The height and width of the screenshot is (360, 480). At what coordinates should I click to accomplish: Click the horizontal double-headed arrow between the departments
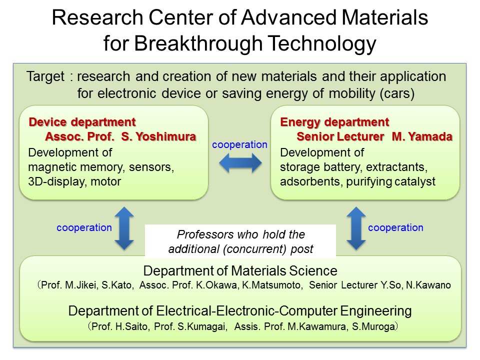click(x=240, y=163)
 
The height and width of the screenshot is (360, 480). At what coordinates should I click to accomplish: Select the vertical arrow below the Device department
click(x=124, y=228)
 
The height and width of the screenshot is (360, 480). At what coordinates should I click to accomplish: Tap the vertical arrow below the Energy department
click(x=356, y=228)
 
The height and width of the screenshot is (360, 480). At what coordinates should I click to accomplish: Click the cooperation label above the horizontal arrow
click(x=239, y=144)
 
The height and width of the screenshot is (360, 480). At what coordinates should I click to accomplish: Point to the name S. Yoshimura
click(x=158, y=136)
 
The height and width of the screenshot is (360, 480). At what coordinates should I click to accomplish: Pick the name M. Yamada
click(x=422, y=136)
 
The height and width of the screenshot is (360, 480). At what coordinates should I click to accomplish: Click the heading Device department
click(x=82, y=122)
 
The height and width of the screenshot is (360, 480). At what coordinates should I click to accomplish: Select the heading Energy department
click(x=334, y=122)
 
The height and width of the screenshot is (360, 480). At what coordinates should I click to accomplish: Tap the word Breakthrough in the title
click(x=198, y=43)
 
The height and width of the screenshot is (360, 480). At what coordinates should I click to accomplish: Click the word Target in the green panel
click(x=45, y=76)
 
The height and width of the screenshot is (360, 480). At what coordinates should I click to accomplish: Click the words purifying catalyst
click(x=390, y=181)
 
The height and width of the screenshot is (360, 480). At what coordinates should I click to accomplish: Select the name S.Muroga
click(x=373, y=326)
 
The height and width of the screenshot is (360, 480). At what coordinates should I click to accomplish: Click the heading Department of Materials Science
click(x=240, y=271)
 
